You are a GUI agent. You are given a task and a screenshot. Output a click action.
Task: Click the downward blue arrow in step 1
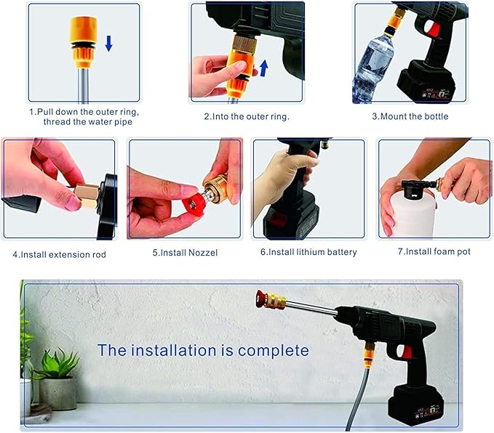point(109,43)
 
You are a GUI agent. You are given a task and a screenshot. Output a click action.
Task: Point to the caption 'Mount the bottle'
point(410,116)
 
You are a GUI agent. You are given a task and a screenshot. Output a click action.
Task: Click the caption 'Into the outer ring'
point(247,116)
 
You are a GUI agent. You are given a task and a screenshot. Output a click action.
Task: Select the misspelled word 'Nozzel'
point(201,252)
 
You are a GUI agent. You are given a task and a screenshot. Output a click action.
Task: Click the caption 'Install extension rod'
point(59,254)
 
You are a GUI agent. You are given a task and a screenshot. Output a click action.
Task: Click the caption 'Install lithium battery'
point(308,252)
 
